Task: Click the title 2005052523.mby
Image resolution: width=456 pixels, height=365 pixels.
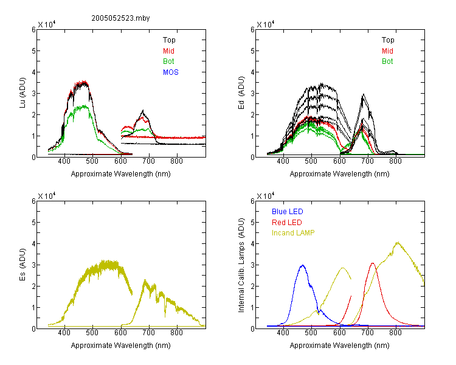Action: [120, 18]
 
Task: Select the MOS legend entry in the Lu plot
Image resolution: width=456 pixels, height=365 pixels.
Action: [171, 72]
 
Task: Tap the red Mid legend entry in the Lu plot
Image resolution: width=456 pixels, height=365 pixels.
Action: [168, 51]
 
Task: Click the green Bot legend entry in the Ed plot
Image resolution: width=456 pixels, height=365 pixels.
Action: [387, 61]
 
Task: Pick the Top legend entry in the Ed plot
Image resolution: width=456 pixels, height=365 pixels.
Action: [388, 40]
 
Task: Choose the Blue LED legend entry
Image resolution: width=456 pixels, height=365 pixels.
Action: [288, 212]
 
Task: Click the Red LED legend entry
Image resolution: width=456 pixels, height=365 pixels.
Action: [287, 223]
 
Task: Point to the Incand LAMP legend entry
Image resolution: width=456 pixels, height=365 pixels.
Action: [293, 233]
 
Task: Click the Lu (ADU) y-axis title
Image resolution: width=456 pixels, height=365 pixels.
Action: [22, 93]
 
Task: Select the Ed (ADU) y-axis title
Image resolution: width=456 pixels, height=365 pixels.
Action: [241, 93]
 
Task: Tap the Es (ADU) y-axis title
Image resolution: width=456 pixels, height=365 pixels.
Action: [22, 264]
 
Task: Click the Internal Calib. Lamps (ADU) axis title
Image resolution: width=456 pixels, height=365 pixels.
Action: [241, 265]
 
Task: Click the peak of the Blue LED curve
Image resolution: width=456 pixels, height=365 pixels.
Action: [303, 265]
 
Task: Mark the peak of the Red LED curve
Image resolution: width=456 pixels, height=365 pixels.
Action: [373, 263]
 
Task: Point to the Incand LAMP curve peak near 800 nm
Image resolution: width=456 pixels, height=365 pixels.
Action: [398, 242]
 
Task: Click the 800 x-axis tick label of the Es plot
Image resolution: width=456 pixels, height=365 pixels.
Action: [176, 333]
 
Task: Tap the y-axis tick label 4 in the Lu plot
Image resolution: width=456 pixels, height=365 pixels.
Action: [33, 72]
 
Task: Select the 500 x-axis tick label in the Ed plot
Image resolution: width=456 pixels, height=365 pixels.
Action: [311, 161]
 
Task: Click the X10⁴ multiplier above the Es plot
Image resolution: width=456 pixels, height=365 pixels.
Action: [47, 196]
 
